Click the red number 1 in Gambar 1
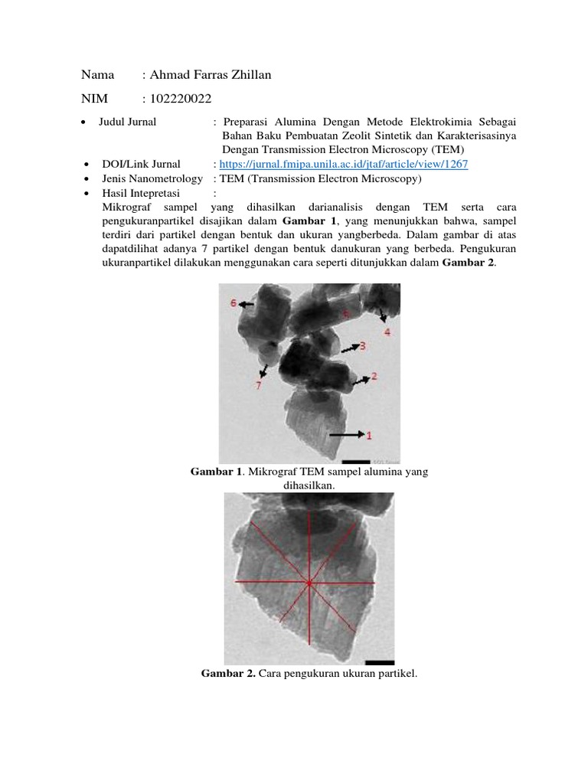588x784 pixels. [x=369, y=435]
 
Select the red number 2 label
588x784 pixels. [x=374, y=376]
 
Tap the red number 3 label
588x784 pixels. [x=363, y=346]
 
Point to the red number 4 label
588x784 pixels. [x=387, y=332]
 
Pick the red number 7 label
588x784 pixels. [x=258, y=386]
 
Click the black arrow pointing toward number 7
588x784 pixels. [x=264, y=371]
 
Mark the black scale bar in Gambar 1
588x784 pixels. [x=356, y=460]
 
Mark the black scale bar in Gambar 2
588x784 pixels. [x=380, y=661]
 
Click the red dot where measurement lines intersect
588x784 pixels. [x=309, y=583]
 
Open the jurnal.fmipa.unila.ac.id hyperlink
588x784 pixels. [x=344, y=164]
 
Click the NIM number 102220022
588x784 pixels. [x=181, y=98]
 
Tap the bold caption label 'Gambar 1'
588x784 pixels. [x=216, y=472]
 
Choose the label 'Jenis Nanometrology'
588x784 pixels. [x=152, y=178]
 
